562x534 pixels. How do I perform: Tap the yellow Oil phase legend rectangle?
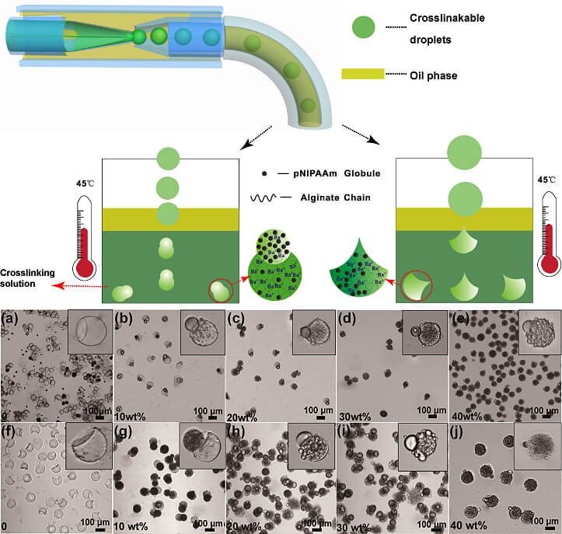[x=362, y=74]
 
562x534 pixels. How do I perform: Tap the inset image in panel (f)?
[x=88, y=448]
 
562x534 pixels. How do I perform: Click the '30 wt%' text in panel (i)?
[x=357, y=526]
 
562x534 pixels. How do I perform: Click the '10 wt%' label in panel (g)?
[x=134, y=526]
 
